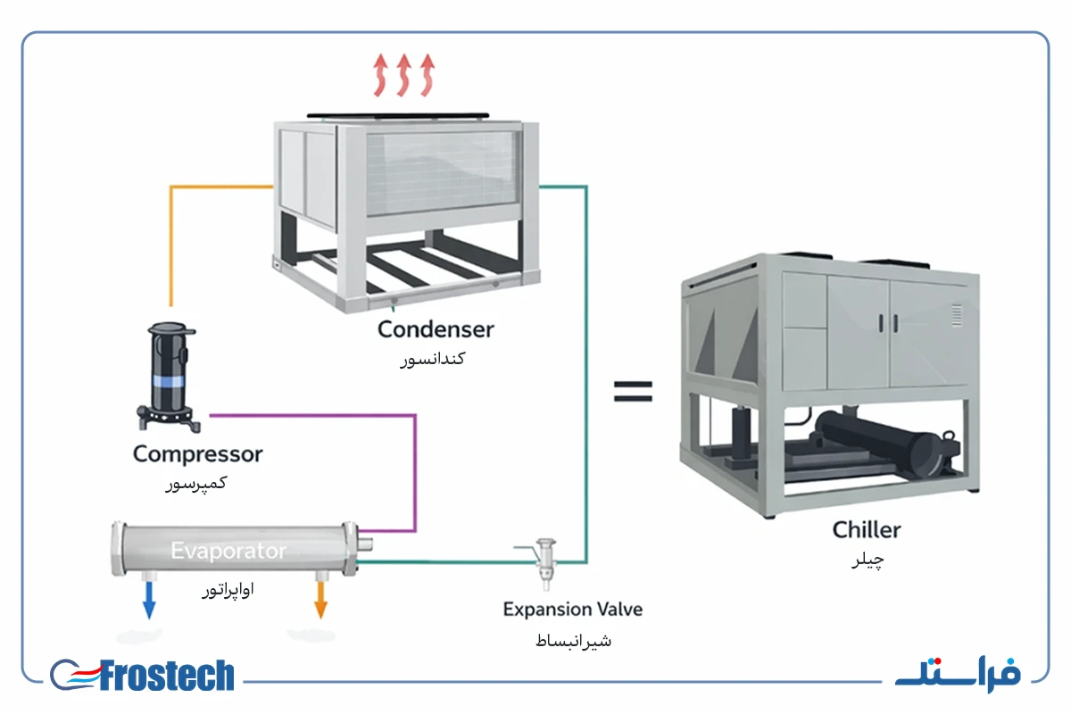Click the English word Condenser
(x=436, y=329)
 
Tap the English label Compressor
(x=197, y=454)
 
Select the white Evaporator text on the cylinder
(x=228, y=551)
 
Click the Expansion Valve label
(x=572, y=610)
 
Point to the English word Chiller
(x=867, y=530)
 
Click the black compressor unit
(x=168, y=377)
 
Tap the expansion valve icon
(x=545, y=564)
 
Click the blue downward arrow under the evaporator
(x=149, y=600)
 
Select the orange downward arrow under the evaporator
(x=320, y=600)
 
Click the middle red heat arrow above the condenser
(x=404, y=75)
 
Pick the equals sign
(x=633, y=391)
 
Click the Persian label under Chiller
(x=868, y=560)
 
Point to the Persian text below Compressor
(x=196, y=484)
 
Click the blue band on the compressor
(x=168, y=381)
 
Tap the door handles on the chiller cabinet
(x=888, y=323)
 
